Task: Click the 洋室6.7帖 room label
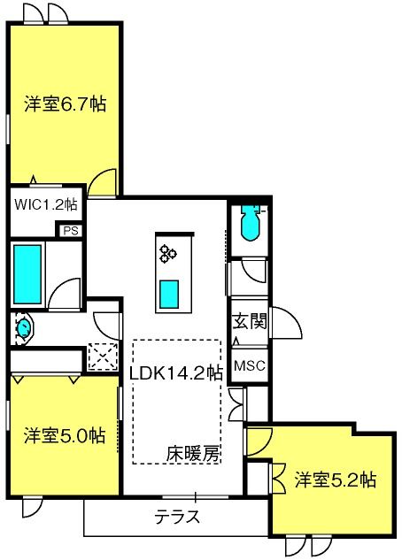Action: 65,104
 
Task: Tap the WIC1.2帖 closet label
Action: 45,204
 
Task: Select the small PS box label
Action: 71,231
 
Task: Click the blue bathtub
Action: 27,274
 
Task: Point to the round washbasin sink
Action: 24,328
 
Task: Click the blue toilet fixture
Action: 251,223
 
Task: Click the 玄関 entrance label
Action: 250,321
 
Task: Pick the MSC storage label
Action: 250,365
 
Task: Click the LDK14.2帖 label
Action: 176,373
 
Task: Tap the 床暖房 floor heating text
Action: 193,454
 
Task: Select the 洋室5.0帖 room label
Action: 65,435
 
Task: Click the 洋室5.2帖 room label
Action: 336,480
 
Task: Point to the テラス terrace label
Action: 177,516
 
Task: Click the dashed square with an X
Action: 103,357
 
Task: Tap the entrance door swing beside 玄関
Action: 287,323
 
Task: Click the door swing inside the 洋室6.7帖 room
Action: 102,182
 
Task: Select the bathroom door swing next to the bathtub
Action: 65,294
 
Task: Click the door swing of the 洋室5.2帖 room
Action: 259,442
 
